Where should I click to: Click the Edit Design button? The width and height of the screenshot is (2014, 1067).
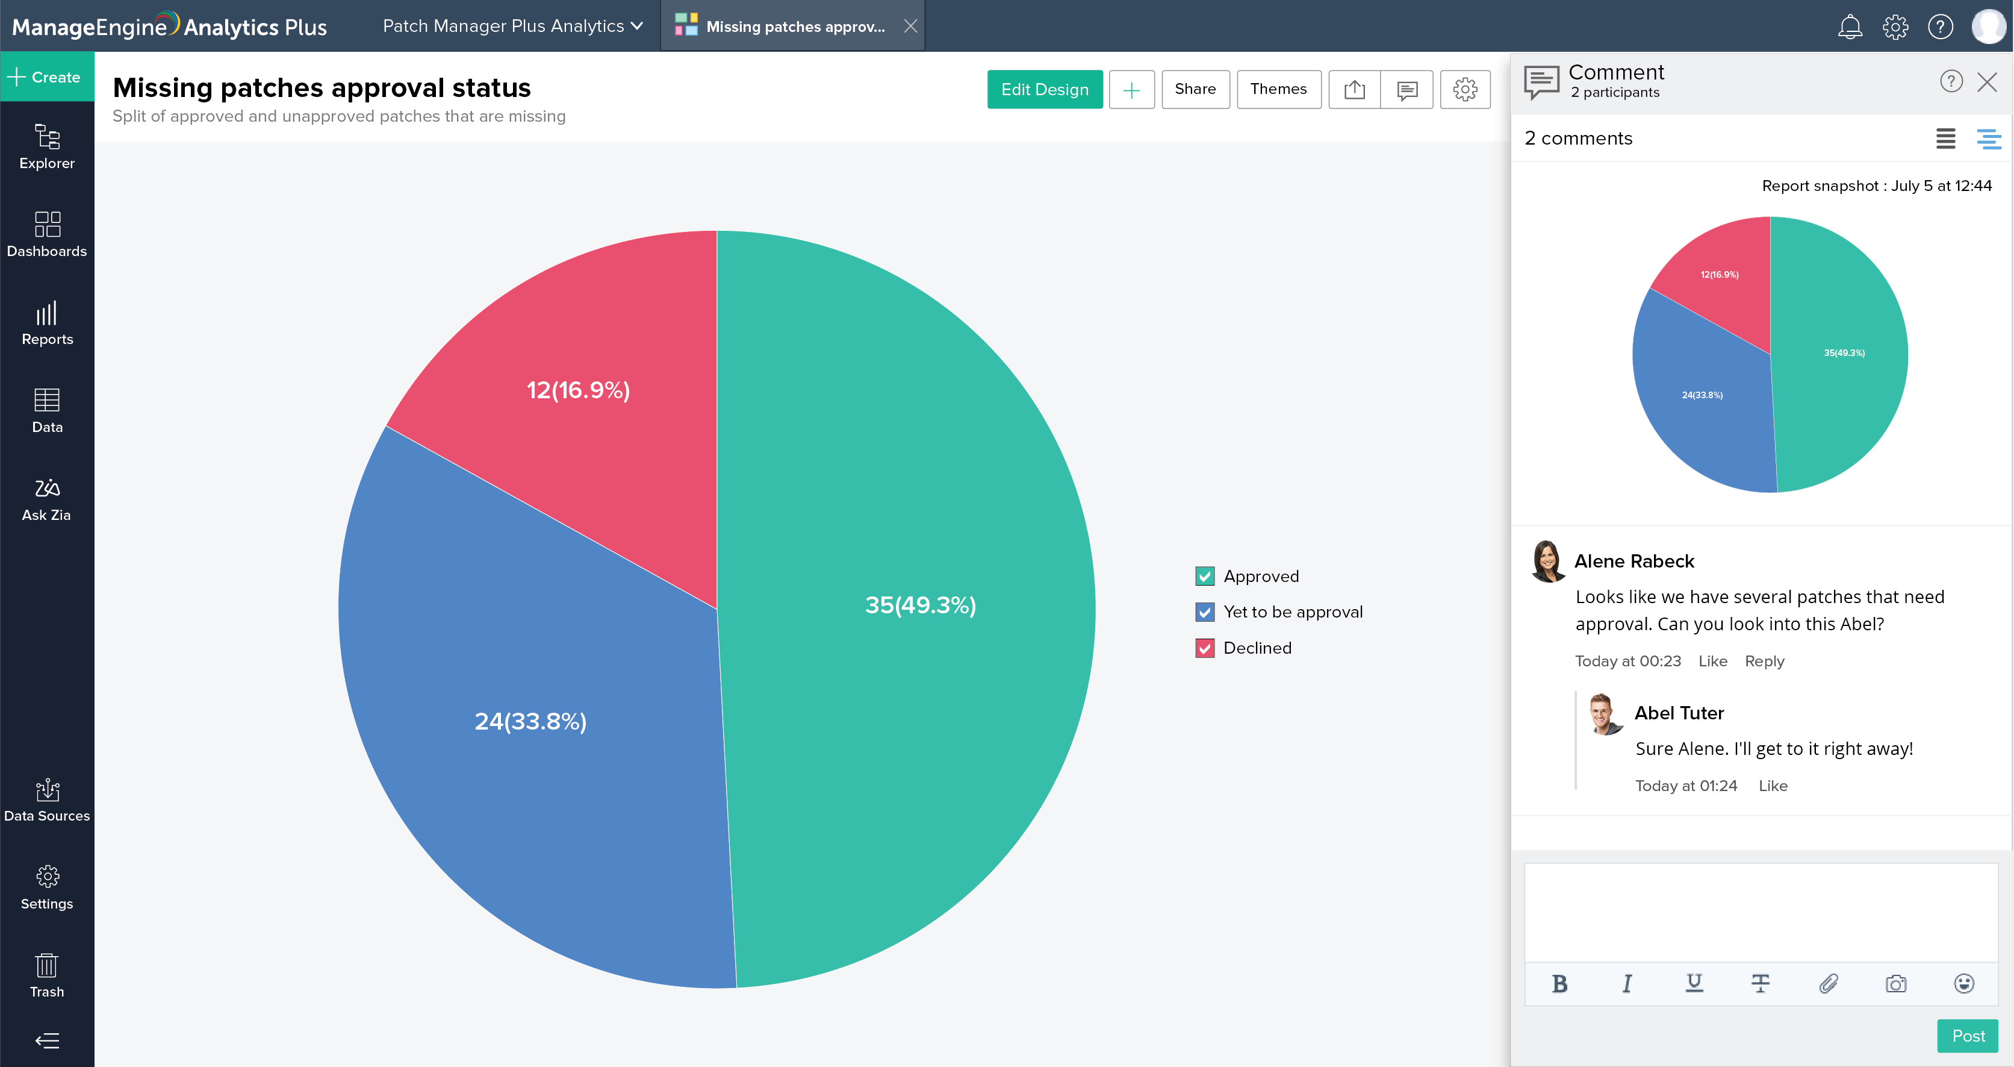[x=1044, y=89]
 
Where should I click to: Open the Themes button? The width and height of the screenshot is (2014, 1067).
[x=1278, y=89]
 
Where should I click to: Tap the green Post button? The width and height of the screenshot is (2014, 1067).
[x=1967, y=1036]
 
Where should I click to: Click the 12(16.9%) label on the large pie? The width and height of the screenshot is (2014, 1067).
[x=578, y=390]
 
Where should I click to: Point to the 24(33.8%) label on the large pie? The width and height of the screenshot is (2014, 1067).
[x=530, y=721]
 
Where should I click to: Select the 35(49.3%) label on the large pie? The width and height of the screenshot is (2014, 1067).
[x=920, y=605]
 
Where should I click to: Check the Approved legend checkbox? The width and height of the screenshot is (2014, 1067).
[x=1205, y=577]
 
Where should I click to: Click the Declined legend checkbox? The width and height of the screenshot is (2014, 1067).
[x=1205, y=648]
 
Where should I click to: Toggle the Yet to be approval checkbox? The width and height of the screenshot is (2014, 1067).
[x=1205, y=613]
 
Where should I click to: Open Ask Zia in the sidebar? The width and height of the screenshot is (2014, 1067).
[x=47, y=499]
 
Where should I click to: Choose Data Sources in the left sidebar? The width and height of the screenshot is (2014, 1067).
[x=47, y=800]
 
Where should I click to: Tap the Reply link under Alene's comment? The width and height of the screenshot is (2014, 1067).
[x=1764, y=661]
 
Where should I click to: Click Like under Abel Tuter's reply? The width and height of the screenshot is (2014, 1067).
[x=1773, y=786]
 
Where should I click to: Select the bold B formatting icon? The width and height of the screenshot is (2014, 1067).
[x=1559, y=983]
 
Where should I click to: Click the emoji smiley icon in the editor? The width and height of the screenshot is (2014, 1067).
[x=1963, y=983]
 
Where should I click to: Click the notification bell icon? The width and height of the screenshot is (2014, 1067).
[x=1849, y=27]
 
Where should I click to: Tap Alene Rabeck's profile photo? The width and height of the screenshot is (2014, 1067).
[x=1546, y=561]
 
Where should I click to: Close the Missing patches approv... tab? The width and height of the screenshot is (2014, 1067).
[x=910, y=27]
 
